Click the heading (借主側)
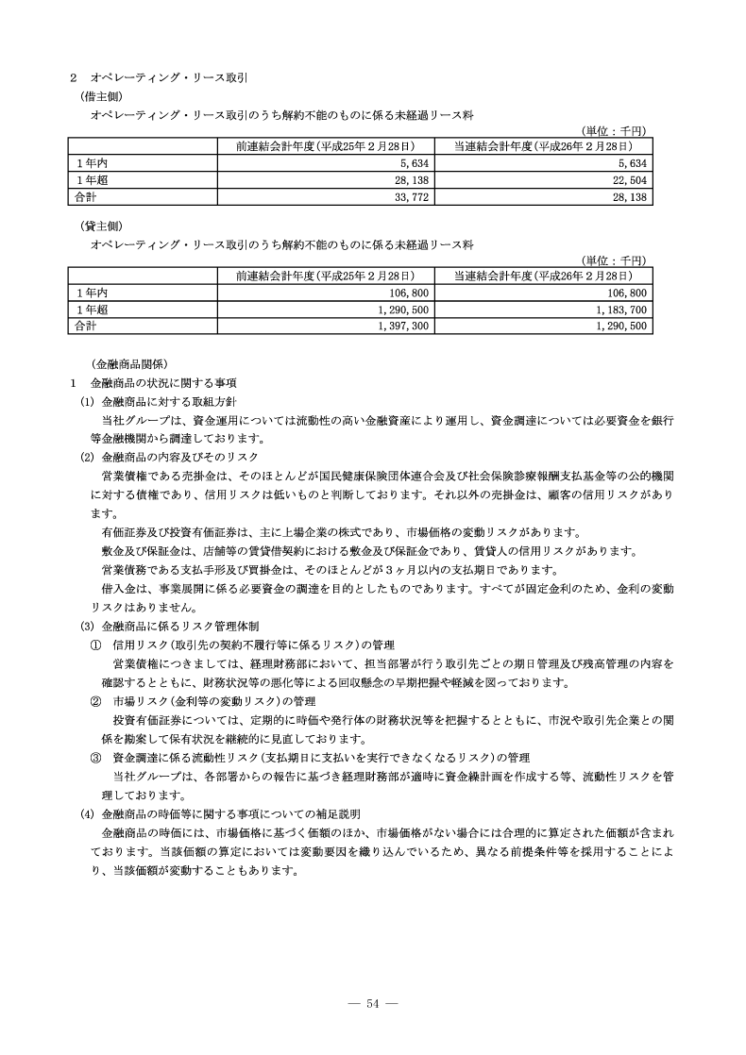tap(100, 95)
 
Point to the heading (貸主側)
tap(100, 226)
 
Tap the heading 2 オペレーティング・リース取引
tap(142, 76)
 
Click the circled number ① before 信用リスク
tap(95, 645)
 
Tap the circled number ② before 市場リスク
tap(95, 701)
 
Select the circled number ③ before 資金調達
tap(95, 757)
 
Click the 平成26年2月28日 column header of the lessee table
tap(542, 145)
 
